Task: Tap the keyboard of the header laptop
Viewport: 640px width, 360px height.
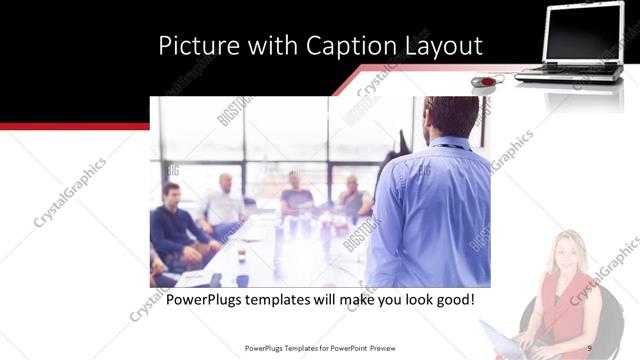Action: pos(570,71)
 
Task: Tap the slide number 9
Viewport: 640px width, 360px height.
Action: pos(590,347)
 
